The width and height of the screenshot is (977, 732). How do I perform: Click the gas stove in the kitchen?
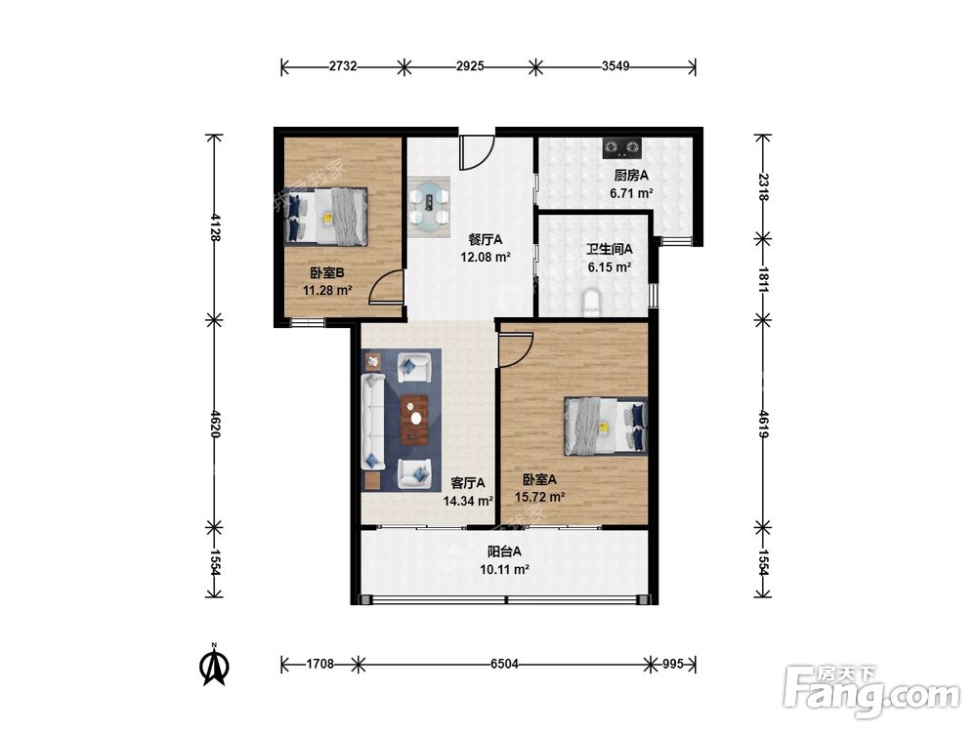coord(621,147)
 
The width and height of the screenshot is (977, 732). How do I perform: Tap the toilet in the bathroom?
coord(591,303)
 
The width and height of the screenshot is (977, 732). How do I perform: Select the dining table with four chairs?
coord(429,207)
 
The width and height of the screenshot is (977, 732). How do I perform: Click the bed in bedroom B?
coord(326,216)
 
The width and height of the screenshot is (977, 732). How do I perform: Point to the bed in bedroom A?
coord(605,426)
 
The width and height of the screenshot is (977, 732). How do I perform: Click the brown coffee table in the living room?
coord(415,420)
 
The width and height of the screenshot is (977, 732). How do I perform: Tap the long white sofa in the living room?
coord(373,423)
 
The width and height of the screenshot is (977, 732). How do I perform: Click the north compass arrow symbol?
coord(214,666)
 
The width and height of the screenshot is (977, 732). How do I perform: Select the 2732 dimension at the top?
coord(343,66)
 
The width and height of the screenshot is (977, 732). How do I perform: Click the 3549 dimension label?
coord(615,66)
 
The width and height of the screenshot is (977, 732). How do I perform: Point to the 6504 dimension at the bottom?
coord(504,664)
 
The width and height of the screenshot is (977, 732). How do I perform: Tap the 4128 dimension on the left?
coord(214,226)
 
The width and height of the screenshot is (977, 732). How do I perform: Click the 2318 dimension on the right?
coord(763,186)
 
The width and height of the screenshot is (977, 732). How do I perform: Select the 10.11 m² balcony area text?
coord(504,569)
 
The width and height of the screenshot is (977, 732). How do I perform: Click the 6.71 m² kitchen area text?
coord(631,193)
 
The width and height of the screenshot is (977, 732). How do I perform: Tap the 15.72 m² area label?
coord(539,497)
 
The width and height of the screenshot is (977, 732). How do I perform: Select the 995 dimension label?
coord(672,664)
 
